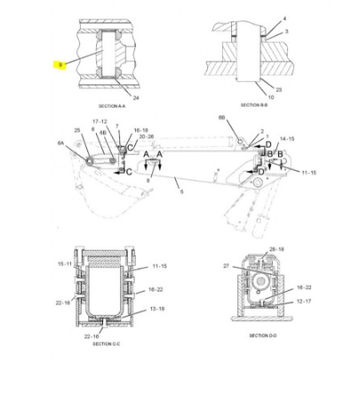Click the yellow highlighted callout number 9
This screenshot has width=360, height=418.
(59, 66)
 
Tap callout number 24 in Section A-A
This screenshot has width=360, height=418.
(136, 96)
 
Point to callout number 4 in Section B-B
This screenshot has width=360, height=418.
(284, 19)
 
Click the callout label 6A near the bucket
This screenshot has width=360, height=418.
(60, 142)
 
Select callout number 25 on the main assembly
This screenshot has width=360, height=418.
(77, 131)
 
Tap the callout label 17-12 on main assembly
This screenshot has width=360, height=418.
(100, 121)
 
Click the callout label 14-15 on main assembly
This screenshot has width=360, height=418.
(286, 140)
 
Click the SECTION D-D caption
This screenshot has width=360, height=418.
(262, 335)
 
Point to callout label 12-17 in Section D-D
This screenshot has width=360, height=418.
(304, 302)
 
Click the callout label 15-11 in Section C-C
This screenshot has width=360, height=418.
(64, 264)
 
